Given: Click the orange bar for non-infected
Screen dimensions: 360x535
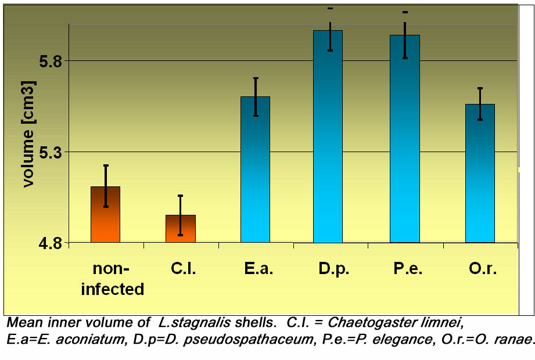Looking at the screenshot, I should (x=105, y=215).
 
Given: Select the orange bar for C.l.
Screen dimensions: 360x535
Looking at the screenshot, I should (x=180, y=229).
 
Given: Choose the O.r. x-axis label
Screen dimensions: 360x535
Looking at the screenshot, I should (x=483, y=269).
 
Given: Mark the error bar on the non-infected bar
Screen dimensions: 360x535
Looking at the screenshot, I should (x=105, y=186).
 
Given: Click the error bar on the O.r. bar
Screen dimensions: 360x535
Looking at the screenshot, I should (x=480, y=104).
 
